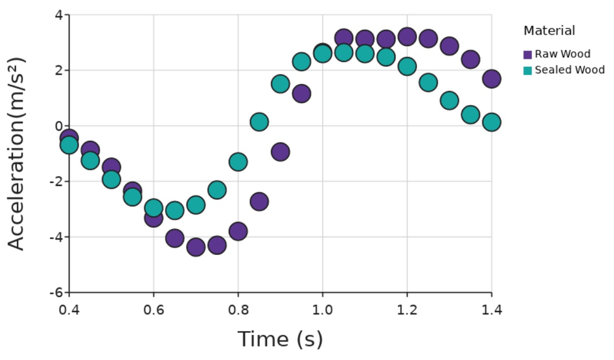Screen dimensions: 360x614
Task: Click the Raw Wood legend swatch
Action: pos(527,55)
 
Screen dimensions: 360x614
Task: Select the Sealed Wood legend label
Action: pos(569,70)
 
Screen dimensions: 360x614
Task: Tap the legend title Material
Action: pos(549,31)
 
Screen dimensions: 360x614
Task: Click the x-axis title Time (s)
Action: pos(280,339)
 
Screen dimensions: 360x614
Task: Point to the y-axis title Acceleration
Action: pos(17,154)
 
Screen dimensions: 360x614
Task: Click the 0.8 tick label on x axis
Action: pos(238,309)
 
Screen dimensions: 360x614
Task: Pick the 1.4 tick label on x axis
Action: pos(491,309)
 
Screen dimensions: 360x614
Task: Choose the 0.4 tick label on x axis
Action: pos(69,309)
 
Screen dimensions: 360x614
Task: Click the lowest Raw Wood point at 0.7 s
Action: pos(196,247)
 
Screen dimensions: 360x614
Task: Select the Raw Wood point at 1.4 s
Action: pos(491,79)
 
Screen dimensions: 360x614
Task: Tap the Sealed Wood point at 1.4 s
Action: pos(491,122)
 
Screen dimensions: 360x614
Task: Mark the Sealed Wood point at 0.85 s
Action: pos(259,122)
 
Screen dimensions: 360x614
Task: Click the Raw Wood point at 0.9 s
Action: pos(280,152)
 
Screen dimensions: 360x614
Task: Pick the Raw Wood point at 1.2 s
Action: pos(407,37)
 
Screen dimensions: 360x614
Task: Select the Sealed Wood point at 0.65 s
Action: pos(175,211)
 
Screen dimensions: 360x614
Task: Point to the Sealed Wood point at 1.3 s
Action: pos(449,101)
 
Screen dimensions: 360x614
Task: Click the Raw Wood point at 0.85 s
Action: pos(259,201)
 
